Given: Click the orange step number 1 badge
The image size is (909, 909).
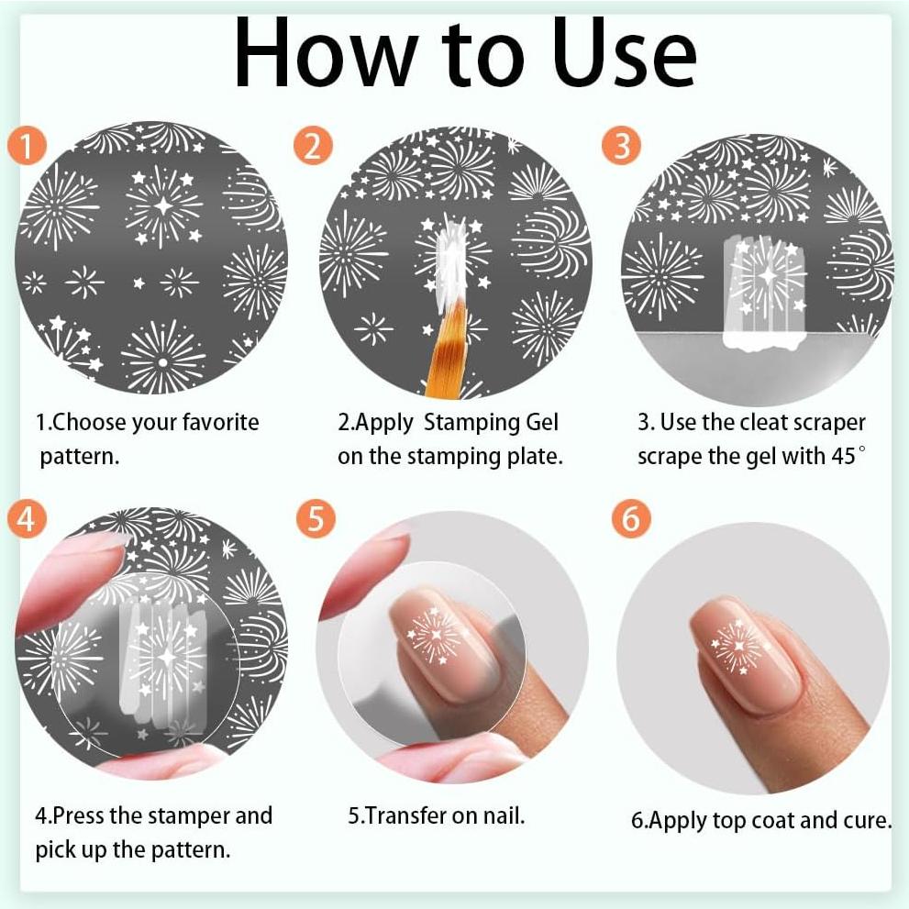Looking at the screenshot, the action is (28, 145).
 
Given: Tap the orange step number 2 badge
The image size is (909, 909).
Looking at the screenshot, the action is (313, 145).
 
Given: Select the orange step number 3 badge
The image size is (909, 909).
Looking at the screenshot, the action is (622, 145).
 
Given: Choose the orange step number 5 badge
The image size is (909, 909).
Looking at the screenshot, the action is (316, 518).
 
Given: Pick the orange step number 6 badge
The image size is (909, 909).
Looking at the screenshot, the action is (631, 518).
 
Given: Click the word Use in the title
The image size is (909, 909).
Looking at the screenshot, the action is (624, 53).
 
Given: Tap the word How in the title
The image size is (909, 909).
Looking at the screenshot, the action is (325, 53).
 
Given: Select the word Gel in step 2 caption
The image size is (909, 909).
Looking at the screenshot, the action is (541, 422).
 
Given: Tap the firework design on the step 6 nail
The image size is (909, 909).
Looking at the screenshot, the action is (737, 647).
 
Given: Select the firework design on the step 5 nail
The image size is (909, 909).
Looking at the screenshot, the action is (436, 635).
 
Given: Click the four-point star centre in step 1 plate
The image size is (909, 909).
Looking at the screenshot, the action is (163, 205).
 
